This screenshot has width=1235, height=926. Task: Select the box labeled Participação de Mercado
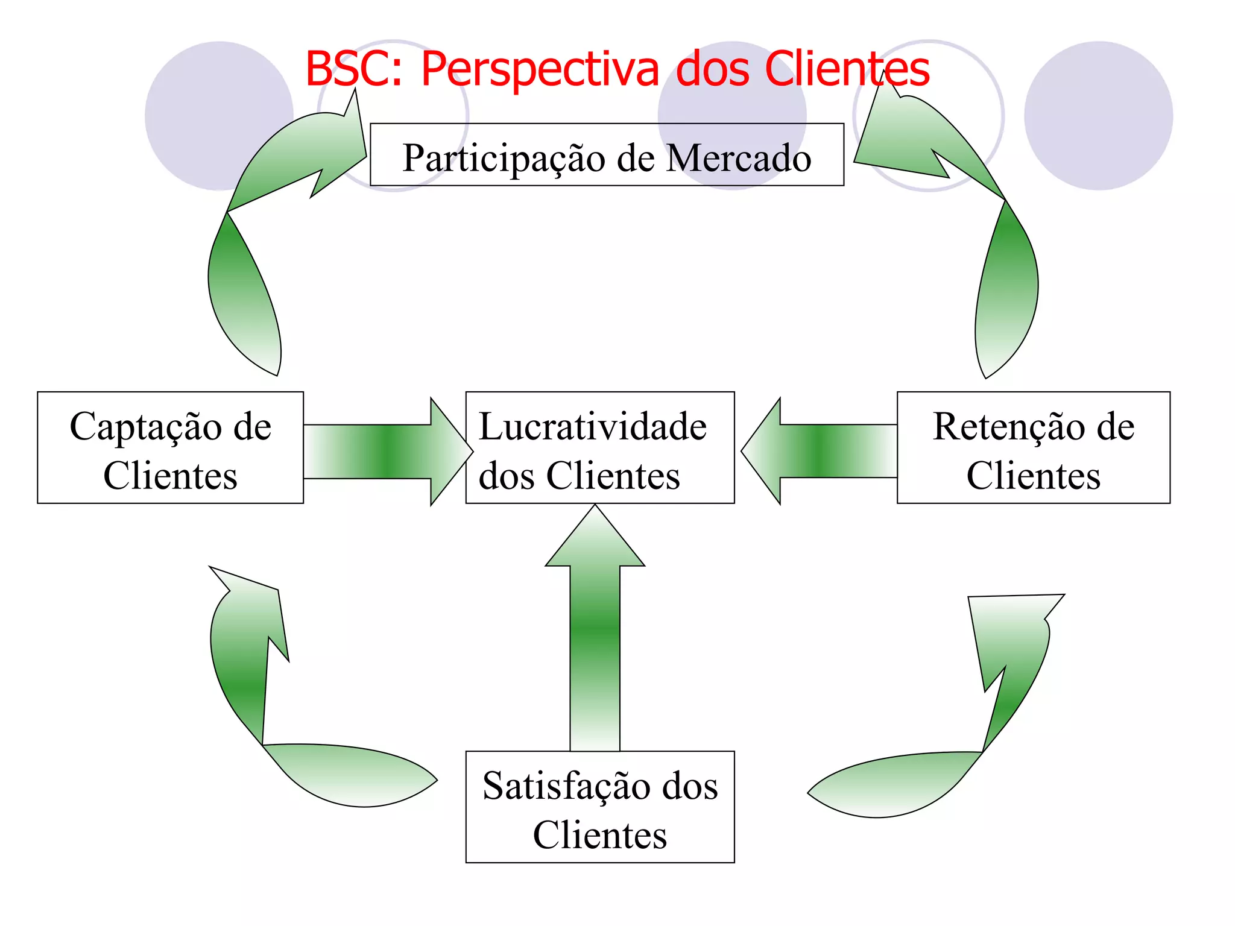click(x=607, y=155)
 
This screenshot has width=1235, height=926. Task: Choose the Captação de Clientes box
click(x=170, y=447)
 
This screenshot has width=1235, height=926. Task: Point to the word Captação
click(x=145, y=427)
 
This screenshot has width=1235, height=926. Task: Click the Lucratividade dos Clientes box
click(x=599, y=447)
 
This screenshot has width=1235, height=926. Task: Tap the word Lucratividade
click(x=592, y=427)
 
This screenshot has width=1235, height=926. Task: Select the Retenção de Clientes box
click(x=1033, y=447)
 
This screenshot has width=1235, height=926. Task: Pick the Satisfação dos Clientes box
click(x=599, y=807)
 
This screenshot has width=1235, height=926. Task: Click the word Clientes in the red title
click(x=847, y=69)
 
